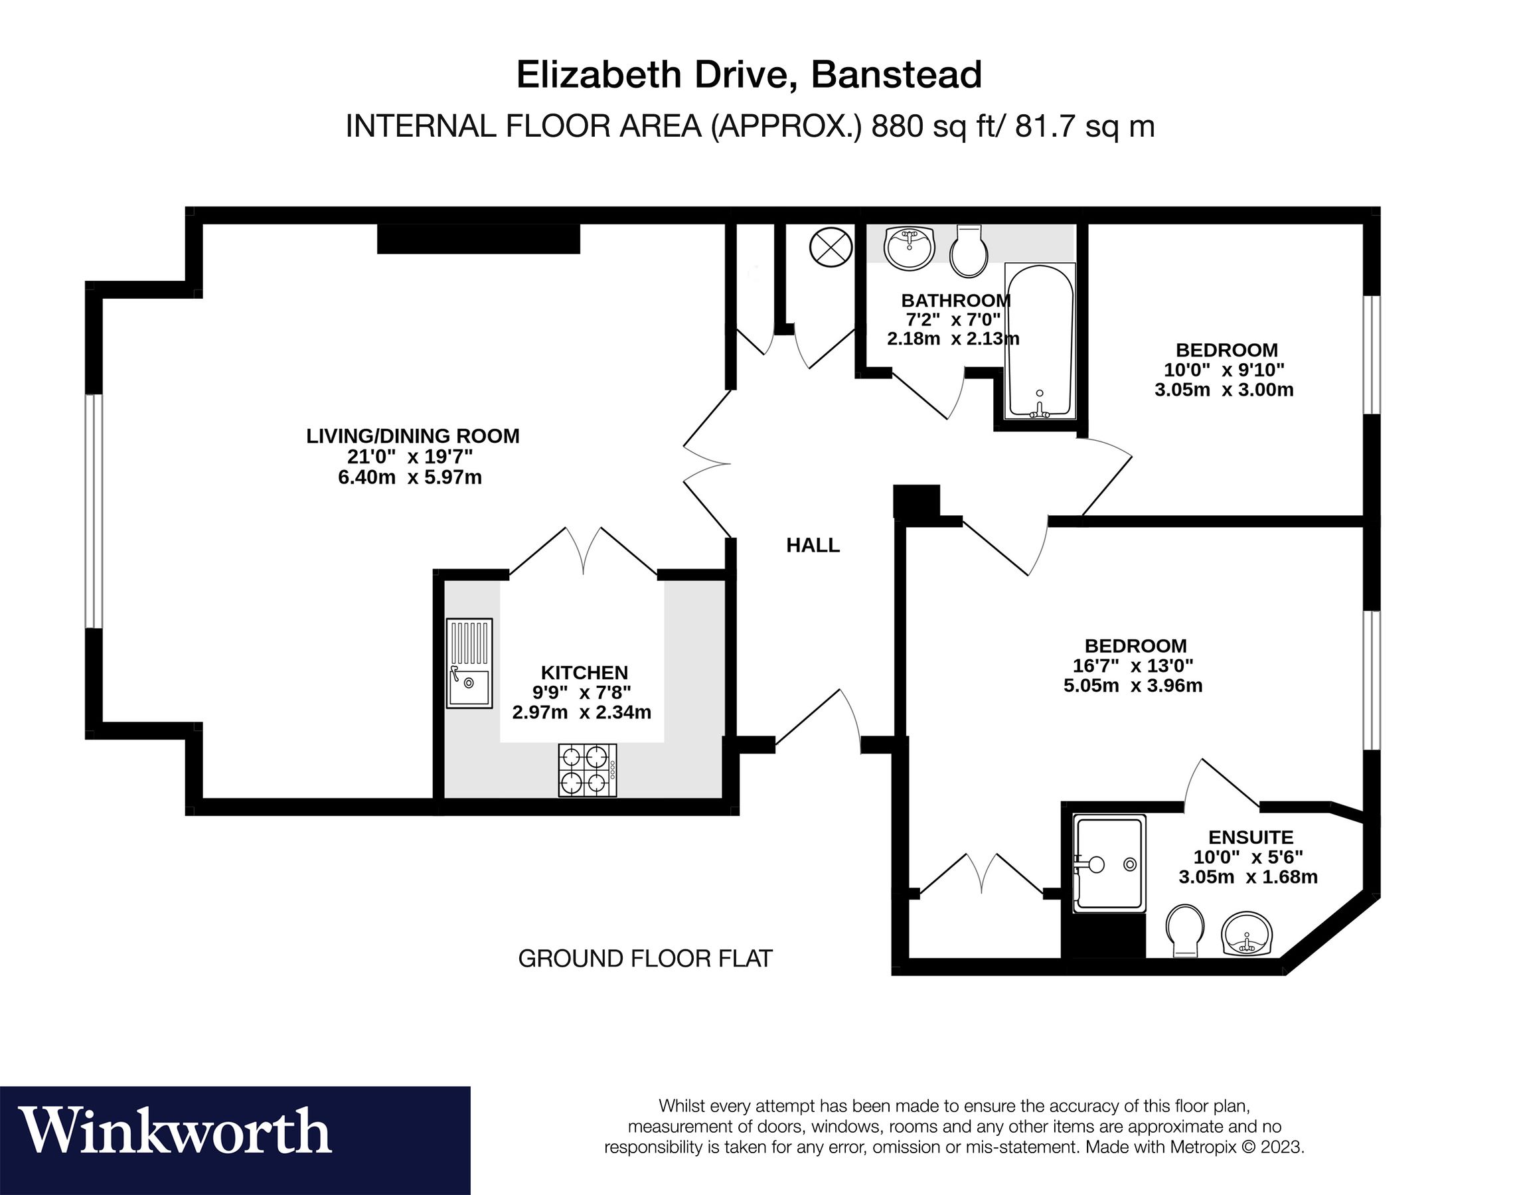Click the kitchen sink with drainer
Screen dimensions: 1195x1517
point(469,663)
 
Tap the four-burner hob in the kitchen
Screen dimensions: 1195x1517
point(586,769)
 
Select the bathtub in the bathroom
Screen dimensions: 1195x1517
point(1039,341)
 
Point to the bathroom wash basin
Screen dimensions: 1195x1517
point(909,248)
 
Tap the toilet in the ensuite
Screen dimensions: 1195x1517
point(1184,931)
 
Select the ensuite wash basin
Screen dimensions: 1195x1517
point(1247,933)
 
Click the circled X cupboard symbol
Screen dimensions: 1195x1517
point(830,248)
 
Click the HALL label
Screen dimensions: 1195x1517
point(813,546)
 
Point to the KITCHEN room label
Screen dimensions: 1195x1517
point(584,673)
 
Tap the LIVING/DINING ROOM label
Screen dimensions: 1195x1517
point(413,436)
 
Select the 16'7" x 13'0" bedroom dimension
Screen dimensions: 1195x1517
point(1133,665)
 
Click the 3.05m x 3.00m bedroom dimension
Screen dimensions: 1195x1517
point(1223,390)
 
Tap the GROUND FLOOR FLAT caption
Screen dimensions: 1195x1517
point(645,959)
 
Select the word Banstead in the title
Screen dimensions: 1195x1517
point(896,75)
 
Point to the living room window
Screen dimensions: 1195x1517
point(94,511)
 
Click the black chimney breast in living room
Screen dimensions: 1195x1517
point(479,239)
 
